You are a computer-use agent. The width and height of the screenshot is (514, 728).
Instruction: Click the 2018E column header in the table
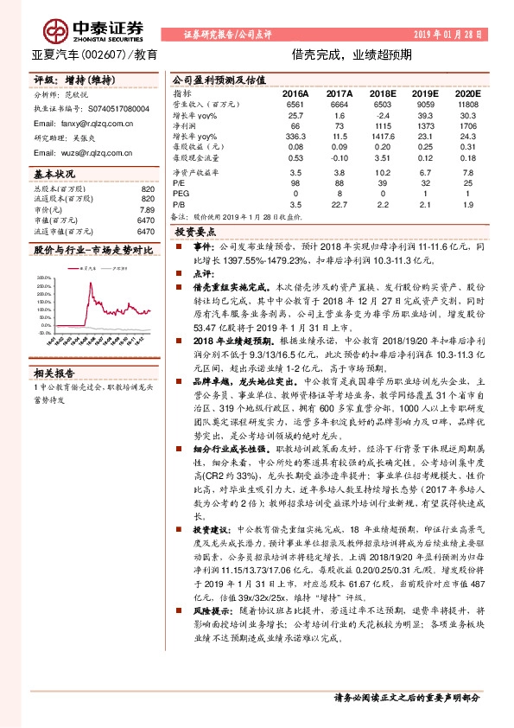click(379, 92)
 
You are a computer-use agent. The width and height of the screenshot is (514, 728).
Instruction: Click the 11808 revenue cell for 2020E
click(466, 104)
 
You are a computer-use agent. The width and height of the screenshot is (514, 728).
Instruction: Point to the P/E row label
click(179, 182)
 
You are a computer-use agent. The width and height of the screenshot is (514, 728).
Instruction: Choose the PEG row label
click(180, 194)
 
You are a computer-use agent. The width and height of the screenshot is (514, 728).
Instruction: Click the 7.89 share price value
click(147, 209)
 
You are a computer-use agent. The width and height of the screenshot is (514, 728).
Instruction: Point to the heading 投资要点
click(195, 233)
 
